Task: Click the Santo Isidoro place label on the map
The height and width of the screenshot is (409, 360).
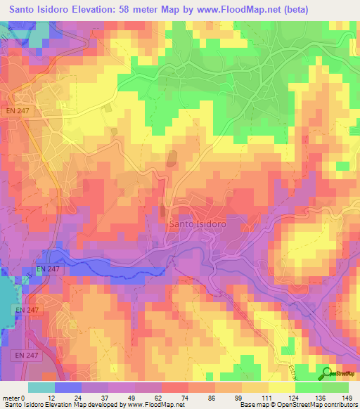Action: (x=197, y=223)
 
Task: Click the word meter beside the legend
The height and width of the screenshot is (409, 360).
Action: (x=12, y=398)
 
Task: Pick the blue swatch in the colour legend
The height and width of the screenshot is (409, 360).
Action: (x=68, y=387)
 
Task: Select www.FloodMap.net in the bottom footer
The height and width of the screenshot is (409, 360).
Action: (x=155, y=405)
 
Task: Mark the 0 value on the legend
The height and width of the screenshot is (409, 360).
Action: (x=25, y=398)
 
